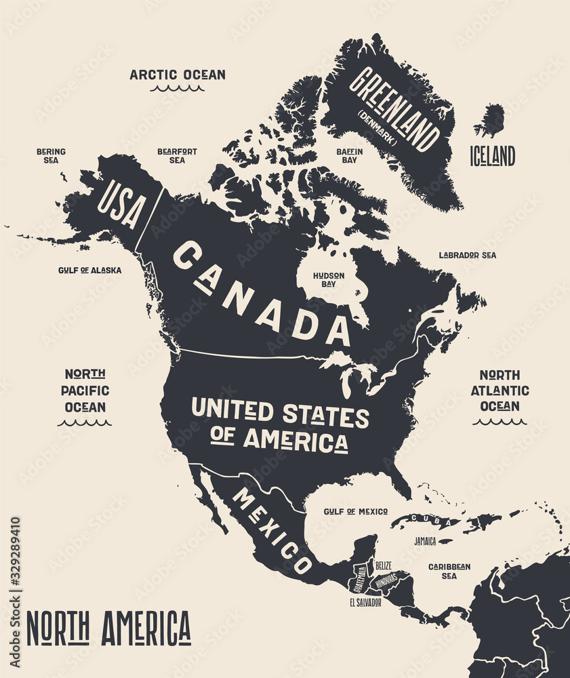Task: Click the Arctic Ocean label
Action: coord(178,75)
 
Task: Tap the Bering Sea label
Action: coord(51,156)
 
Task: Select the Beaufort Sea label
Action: coord(177,156)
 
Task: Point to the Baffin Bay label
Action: coord(350,156)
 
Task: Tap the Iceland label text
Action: coord(493,156)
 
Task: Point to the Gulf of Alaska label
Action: coord(89,270)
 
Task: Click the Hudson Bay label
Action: coord(329,280)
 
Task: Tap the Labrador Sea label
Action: coord(467,256)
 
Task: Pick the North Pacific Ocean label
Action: coord(85,391)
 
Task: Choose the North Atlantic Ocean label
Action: coord(500,391)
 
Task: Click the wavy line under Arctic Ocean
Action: coord(178,88)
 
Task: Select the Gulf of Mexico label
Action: coord(356,511)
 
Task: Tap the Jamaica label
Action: coord(425,542)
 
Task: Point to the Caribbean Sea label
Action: coord(449,571)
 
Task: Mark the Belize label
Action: coord(383,563)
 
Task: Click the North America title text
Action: coord(108,629)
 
